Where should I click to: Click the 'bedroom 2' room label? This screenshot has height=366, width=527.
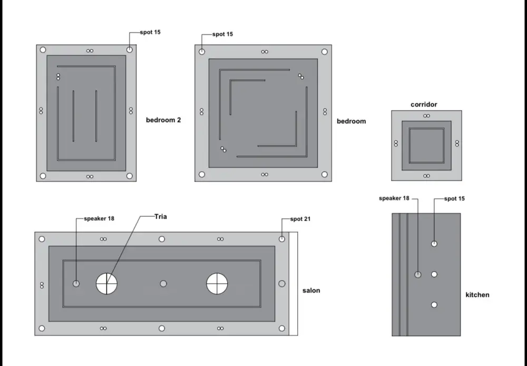[163, 120]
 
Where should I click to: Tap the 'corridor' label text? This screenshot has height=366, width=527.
[424, 104]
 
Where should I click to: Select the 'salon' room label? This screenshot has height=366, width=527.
[311, 290]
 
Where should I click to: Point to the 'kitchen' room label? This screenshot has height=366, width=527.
[477, 294]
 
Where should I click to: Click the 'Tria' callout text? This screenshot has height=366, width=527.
[161, 216]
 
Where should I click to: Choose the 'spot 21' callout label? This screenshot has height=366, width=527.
[300, 219]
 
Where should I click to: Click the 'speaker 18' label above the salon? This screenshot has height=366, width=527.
[99, 218]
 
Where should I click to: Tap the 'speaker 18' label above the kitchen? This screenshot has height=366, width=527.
[394, 199]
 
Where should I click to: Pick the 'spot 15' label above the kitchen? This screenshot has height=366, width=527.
[454, 199]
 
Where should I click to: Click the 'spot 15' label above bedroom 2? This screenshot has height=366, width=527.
[150, 32]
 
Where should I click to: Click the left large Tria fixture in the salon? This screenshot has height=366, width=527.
[106, 283]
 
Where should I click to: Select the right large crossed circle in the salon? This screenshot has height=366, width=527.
[217, 283]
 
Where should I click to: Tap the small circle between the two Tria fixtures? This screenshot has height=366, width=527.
[163, 283]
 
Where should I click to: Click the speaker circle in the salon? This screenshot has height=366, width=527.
[76, 283]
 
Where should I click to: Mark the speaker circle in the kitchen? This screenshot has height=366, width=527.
[417, 274]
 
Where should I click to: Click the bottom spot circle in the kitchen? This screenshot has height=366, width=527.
[434, 304]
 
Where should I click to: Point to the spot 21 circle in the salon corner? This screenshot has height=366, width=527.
[282, 239]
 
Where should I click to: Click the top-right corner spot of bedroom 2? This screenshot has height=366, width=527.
[130, 50]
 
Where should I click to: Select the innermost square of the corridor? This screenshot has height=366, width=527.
[426, 145]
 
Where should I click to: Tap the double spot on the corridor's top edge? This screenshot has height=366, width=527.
[426, 116]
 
